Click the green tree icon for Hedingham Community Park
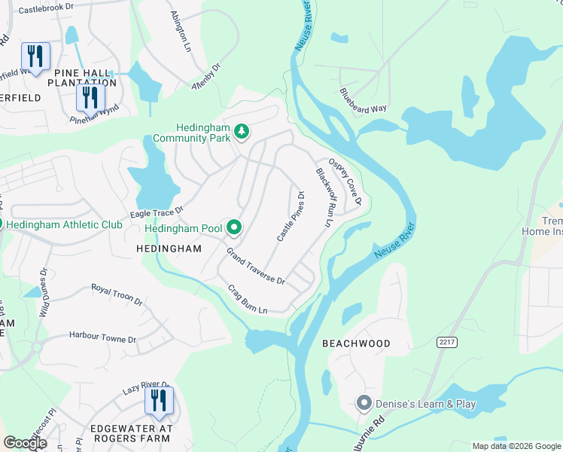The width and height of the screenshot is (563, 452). (x=242, y=133)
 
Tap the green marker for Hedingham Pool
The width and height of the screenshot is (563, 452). (x=234, y=227)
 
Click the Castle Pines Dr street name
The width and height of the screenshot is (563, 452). (x=291, y=216)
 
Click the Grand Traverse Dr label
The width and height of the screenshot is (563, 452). (x=256, y=269)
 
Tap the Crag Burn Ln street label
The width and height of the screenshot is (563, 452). (x=248, y=300)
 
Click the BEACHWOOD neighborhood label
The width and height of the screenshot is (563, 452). (x=357, y=344)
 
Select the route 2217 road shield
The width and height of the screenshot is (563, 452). (x=446, y=342)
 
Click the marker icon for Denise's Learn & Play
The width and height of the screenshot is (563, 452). (x=365, y=404)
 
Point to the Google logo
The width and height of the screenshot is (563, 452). (x=26, y=443)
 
